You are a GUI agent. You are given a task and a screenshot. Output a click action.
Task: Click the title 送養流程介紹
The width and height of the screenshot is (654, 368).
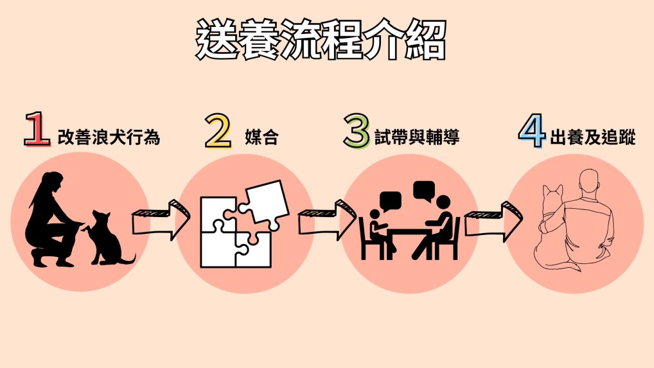coord(321,40)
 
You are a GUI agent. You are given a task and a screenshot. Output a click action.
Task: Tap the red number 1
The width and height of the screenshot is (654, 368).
coord(37,131)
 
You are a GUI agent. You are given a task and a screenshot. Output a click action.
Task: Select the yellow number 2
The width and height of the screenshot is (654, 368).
coord(218,131)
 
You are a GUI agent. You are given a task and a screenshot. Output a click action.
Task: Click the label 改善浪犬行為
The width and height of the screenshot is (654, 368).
coord(109,137)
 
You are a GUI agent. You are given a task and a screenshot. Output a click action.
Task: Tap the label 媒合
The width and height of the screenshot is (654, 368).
coord(261,137)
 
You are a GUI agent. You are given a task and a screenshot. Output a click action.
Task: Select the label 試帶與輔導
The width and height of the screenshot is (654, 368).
coord(418,137)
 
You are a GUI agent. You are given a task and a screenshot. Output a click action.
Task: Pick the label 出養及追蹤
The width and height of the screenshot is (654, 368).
coord(593,137)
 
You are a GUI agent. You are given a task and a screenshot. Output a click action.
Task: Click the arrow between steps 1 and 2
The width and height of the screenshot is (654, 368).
coord(161,220)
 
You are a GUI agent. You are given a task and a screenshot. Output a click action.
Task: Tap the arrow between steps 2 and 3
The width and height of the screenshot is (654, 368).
coord(327,220)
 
